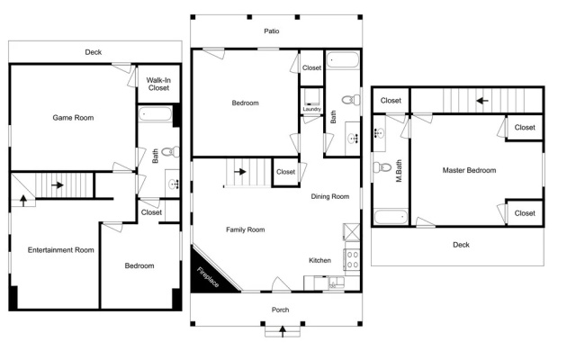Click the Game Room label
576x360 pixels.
[73, 118]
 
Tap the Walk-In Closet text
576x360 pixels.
[158, 84]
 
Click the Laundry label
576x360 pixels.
[312, 109]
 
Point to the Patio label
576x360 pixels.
[272, 31]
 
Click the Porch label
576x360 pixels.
[280, 310]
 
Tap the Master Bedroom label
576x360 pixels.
[469, 170]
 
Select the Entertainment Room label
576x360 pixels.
[61, 250]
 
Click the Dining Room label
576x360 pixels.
[330, 196]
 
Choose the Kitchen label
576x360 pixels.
[319, 260]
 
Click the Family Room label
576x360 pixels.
[246, 229]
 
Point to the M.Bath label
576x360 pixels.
[399, 170]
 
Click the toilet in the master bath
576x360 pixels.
[382, 167]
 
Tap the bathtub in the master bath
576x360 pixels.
[391, 217]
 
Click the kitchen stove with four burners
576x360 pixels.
[353, 259]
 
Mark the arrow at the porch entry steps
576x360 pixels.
[283, 331]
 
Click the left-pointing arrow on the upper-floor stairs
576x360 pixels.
[482, 100]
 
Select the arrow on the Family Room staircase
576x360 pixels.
[240, 172]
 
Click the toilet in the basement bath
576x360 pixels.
[170, 151]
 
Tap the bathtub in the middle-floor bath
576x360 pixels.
[342, 60]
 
